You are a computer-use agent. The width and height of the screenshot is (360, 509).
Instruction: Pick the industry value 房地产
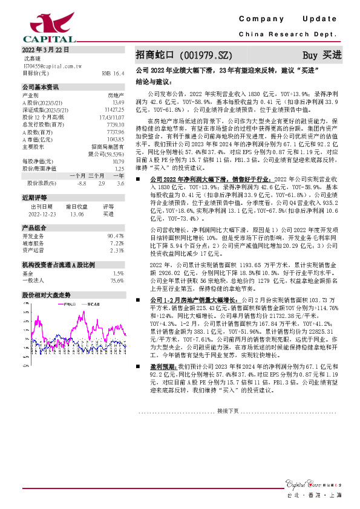(x=116, y=96)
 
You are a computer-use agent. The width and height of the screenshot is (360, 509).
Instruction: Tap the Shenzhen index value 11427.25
(x=114, y=110)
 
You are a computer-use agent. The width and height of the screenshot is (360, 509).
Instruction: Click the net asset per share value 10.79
(x=118, y=161)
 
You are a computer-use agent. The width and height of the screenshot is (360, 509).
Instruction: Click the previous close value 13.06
(x=77, y=213)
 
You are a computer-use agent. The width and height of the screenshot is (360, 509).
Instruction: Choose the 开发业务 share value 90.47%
(x=115, y=235)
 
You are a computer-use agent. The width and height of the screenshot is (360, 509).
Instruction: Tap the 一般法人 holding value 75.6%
(x=117, y=280)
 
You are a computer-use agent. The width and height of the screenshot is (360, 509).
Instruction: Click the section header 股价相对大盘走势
(x=47, y=294)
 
